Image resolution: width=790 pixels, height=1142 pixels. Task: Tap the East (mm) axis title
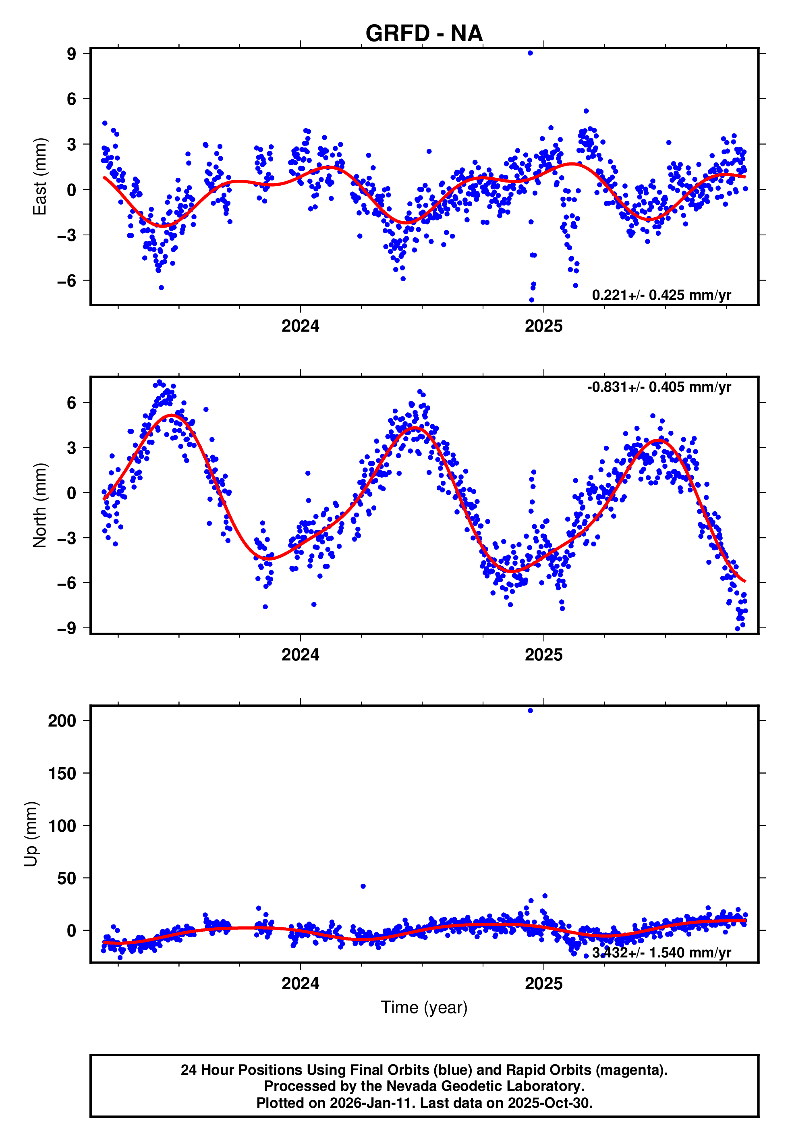pos(39,177)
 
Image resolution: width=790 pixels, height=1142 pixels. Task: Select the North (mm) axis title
pos(39,505)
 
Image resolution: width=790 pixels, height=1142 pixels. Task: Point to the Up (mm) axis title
pos(31,834)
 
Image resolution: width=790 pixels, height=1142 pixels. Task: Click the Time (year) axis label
pos(424,1007)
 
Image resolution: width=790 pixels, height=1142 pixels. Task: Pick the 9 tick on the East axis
pos(72,54)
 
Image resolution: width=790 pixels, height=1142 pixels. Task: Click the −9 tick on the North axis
pos(67,628)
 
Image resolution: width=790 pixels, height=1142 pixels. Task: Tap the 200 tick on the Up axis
pos(62,721)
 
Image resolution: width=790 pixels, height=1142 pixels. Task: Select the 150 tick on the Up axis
pos(62,773)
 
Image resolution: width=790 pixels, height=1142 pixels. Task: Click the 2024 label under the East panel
pos(301,326)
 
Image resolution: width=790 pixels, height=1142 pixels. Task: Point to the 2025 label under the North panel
pos(543,655)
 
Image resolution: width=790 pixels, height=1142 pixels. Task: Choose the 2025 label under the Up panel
pos(543,984)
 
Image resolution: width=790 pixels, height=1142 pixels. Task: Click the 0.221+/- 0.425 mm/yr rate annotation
pos(661,295)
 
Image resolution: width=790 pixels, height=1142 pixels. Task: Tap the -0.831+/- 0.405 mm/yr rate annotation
pos(659,387)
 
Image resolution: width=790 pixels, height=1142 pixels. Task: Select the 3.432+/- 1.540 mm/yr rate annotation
pos(661,953)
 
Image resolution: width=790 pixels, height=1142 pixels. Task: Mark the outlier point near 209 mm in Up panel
pos(530,711)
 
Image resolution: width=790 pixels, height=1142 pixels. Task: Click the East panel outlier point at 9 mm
pos(530,53)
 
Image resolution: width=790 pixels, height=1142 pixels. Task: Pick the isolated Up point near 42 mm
pos(363,887)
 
